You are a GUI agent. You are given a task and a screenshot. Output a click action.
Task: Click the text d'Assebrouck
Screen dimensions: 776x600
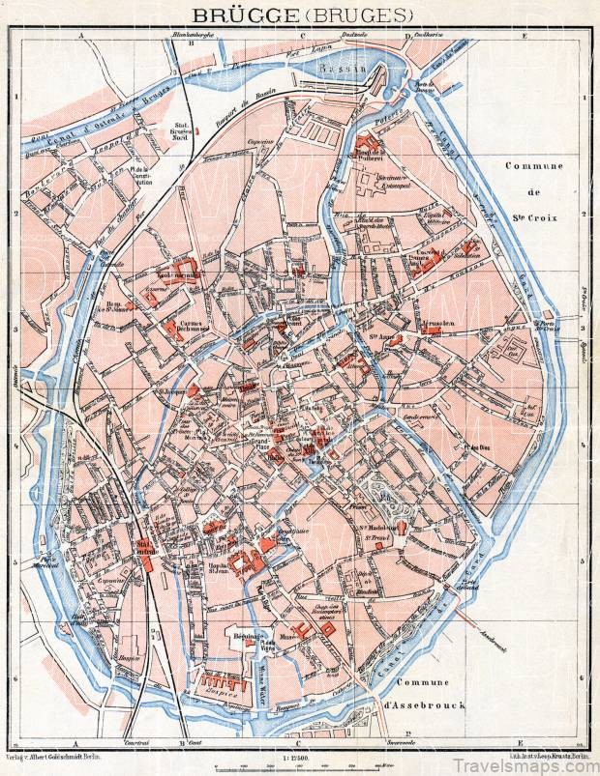[x=427, y=705]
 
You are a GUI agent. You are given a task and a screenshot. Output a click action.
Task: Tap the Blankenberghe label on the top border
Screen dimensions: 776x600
[x=192, y=36]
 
